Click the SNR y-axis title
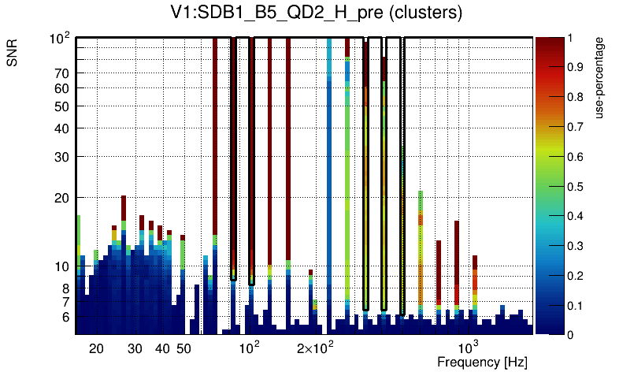click(13, 54)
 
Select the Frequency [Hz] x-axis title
click(482, 362)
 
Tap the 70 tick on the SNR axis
click(62, 73)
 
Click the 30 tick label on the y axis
click(62, 156)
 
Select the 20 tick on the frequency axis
click(97, 348)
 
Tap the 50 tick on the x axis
click(184, 348)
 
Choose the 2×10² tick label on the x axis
click(316, 348)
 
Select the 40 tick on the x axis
click(162, 348)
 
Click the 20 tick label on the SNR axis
click(62, 197)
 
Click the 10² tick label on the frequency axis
click(250, 348)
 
